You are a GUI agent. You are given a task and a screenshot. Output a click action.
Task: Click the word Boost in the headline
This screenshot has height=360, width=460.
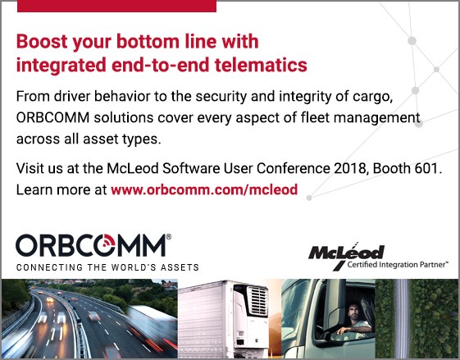[42, 41]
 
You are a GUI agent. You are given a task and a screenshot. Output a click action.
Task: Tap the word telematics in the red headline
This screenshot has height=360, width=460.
[261, 65]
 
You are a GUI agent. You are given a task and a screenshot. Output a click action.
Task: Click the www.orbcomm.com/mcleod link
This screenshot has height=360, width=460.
[204, 189]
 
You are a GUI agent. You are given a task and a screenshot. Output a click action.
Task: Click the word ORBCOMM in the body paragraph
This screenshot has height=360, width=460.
[52, 117]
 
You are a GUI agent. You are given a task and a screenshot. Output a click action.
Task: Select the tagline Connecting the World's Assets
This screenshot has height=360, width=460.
[107, 267]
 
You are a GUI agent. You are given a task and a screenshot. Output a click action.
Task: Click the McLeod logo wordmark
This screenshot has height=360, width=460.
[346, 252]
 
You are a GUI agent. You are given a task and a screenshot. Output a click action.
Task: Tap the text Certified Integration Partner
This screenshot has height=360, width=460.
[397, 265]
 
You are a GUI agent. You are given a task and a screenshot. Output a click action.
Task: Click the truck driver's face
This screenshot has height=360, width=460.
[354, 312]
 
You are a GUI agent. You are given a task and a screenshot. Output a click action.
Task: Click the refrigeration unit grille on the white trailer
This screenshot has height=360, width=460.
[257, 301]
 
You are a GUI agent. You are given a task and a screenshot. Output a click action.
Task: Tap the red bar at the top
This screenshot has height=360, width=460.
[116, 7]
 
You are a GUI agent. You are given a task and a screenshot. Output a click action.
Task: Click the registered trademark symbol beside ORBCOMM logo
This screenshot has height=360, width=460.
[168, 237]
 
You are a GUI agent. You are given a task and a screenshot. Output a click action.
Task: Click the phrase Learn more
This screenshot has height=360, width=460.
[53, 189]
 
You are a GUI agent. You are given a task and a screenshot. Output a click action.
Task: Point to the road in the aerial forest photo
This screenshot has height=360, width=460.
[402, 318]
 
